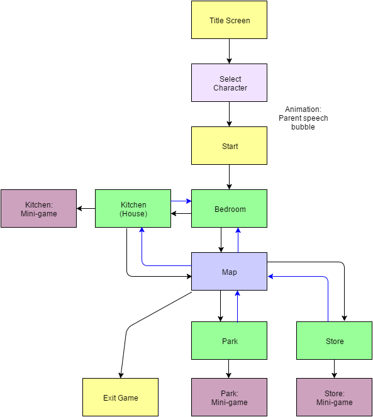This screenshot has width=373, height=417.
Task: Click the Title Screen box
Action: pyautogui.click(x=229, y=20)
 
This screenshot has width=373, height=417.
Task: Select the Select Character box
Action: pyautogui.click(x=229, y=83)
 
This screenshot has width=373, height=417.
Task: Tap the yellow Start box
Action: pyautogui.click(x=229, y=145)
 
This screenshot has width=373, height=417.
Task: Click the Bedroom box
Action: pyautogui.click(x=229, y=209)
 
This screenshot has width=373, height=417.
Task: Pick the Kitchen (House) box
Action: pyautogui.click(x=133, y=209)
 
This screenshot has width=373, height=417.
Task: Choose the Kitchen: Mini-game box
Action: pyautogui.click(x=38, y=209)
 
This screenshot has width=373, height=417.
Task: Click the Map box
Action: pyautogui.click(x=229, y=271)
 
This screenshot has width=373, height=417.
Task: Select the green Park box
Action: pyautogui.click(x=229, y=341)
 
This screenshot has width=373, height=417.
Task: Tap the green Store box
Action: pyautogui.click(x=334, y=341)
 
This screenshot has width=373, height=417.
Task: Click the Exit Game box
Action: pyautogui.click(x=120, y=397)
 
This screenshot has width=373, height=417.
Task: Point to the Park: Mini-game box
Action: pyautogui.click(x=229, y=397)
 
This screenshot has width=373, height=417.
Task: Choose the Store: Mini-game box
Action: pyautogui.click(x=334, y=397)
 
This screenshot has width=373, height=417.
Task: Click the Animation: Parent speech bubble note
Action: pyautogui.click(x=303, y=118)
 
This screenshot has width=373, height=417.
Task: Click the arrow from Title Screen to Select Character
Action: pyautogui.click(x=229, y=52)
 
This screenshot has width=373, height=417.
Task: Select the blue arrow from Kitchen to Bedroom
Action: pyautogui.click(x=181, y=201)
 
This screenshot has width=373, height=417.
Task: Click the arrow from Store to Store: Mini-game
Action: pyautogui.click(x=334, y=369)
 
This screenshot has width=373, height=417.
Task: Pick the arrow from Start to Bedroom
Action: pyautogui.click(x=229, y=177)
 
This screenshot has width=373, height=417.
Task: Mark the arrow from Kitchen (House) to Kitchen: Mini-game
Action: pyautogui.click(x=86, y=209)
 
